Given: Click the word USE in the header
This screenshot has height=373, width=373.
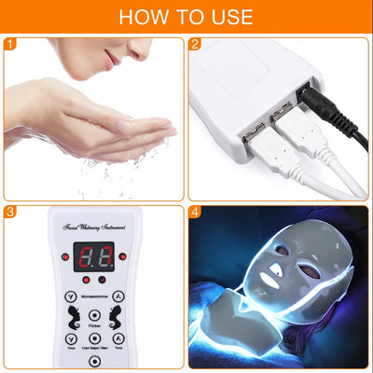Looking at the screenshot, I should click(x=228, y=16).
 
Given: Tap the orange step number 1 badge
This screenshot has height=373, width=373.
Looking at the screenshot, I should click(x=10, y=44).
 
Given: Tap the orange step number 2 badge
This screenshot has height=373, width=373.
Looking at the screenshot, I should click(x=195, y=44).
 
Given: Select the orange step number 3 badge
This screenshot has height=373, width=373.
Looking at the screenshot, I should click(x=10, y=213).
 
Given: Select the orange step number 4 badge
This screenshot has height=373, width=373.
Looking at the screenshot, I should click(x=195, y=213).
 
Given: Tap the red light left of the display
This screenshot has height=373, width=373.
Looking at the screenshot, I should click(x=65, y=256).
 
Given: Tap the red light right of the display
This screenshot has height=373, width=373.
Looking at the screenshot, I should click(x=121, y=256).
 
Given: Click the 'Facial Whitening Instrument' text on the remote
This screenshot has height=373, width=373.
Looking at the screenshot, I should click(x=93, y=227).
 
